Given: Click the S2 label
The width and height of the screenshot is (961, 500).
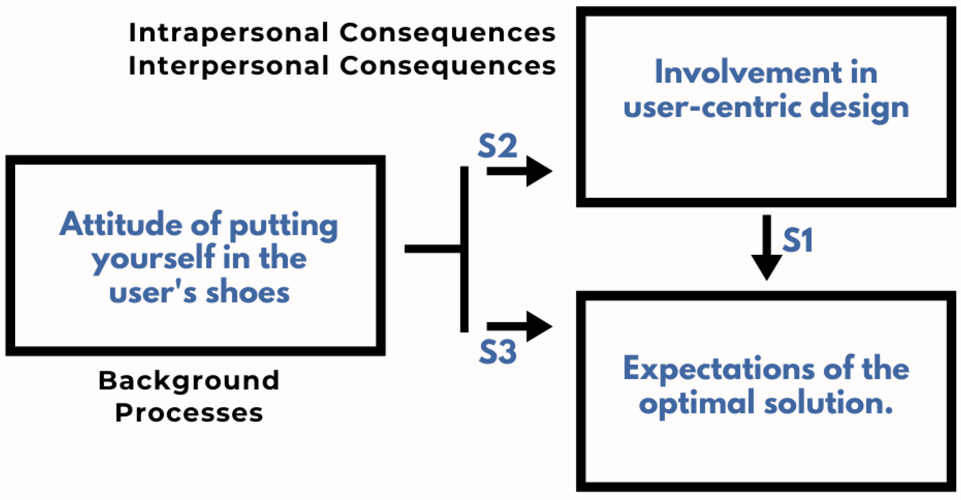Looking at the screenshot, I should coord(497,146).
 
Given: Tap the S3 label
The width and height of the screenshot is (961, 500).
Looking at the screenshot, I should coord(498,352).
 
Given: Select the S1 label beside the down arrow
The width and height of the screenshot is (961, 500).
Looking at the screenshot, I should coord(797,240).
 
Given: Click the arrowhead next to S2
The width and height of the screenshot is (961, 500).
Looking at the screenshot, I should coord(538,171).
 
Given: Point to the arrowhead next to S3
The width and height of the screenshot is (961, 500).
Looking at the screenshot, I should coord(538,326).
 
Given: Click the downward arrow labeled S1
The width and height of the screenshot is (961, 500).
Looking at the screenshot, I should coord(766,249).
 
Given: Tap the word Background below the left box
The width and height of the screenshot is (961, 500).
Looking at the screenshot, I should coord(189,381).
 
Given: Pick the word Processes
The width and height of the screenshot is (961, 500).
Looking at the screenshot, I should coord(189,413).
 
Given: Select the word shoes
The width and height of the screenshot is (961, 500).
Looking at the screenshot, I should coord(247,292).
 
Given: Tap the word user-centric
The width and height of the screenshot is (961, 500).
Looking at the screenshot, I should coord(712,107).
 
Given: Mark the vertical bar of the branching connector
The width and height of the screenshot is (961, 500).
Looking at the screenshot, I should coord(464,249).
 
